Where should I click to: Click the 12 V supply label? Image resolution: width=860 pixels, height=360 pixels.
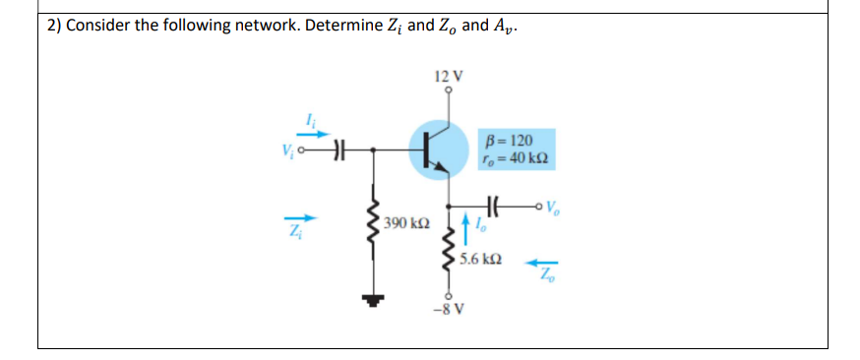448,75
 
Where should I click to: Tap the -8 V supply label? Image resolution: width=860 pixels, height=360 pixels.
448,315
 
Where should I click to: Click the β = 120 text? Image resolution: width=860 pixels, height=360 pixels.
512,141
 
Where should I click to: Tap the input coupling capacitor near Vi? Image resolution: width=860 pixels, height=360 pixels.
340,150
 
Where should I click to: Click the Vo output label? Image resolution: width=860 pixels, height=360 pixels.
558,208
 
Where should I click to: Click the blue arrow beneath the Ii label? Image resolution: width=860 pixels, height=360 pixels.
312,135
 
